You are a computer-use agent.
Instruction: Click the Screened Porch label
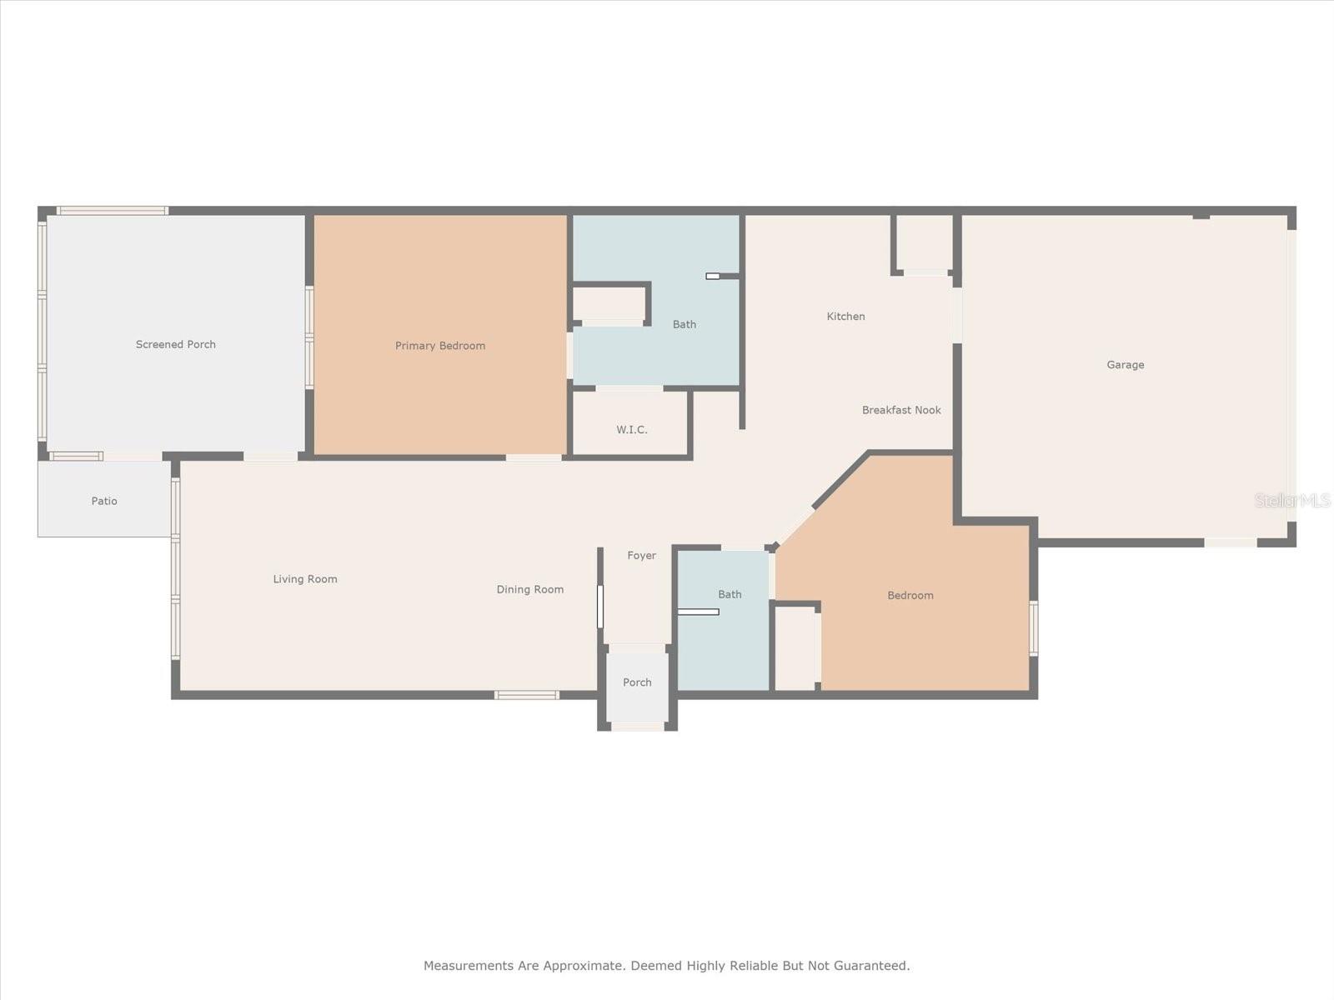(x=176, y=344)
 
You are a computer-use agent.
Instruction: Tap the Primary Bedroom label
(x=440, y=346)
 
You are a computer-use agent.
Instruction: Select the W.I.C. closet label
(x=631, y=429)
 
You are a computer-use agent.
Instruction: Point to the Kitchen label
(x=845, y=317)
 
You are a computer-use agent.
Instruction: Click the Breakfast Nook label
(x=901, y=410)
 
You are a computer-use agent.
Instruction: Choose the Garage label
(x=1125, y=365)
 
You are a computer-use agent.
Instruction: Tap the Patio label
(x=104, y=501)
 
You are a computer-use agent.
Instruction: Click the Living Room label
(x=304, y=579)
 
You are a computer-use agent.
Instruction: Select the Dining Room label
(x=530, y=589)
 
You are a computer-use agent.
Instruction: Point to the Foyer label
(x=641, y=556)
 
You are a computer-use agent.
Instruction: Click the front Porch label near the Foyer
(x=637, y=682)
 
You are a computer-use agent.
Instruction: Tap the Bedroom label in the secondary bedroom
(x=910, y=596)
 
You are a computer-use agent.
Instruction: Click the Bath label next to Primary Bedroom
(x=684, y=324)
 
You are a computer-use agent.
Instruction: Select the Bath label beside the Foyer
(x=730, y=594)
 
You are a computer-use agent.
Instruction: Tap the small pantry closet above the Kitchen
(x=925, y=243)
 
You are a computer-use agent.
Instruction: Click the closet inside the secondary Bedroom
(x=795, y=647)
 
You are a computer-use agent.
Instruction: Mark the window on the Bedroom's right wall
(x=1033, y=628)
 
